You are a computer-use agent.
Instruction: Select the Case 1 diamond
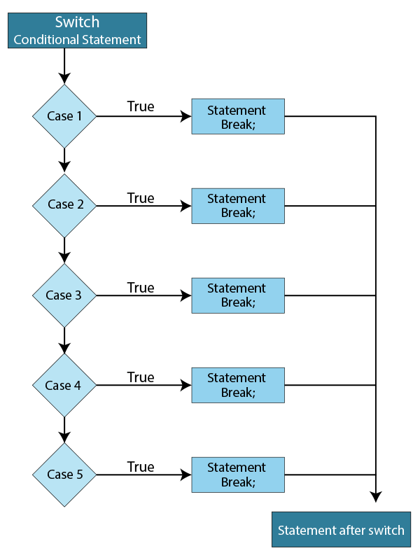(x=64, y=116)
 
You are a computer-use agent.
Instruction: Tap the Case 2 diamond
(x=64, y=205)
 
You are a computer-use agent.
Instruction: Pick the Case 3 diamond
(x=64, y=295)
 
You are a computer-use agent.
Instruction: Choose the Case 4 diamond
(x=64, y=385)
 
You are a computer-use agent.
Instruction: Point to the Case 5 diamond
(x=64, y=475)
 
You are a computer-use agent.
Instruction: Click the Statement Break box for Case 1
(x=238, y=116)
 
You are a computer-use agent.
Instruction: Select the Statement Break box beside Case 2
(x=238, y=205)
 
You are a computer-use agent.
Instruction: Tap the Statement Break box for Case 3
(x=238, y=295)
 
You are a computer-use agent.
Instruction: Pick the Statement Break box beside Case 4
(x=238, y=385)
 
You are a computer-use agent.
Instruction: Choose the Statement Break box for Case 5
(x=238, y=475)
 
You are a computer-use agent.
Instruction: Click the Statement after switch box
(x=341, y=530)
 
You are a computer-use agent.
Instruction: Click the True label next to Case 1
(x=141, y=107)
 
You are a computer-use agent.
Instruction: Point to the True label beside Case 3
(x=141, y=287)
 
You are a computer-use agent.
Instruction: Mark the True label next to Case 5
(x=141, y=466)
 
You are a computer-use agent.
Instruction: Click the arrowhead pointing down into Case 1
(x=64, y=78)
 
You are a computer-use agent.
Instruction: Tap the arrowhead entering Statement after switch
(x=376, y=496)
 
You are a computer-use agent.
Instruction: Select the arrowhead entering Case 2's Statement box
(x=185, y=206)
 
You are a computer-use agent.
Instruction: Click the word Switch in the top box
(x=78, y=22)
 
